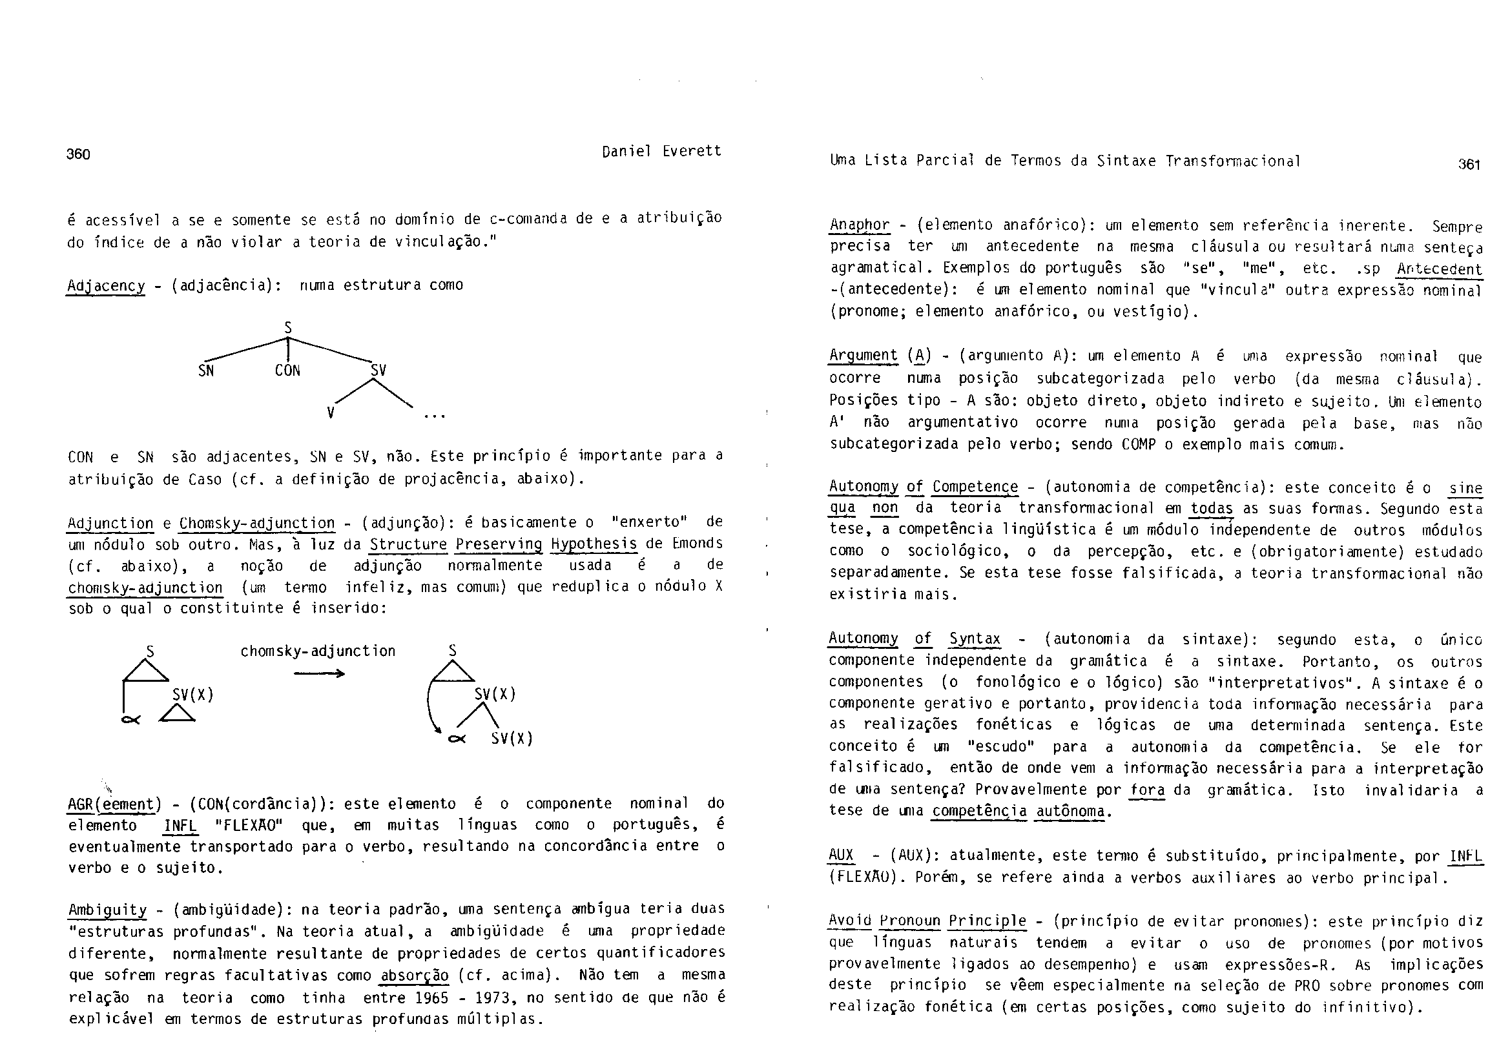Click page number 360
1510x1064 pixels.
point(78,154)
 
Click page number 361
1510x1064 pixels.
point(1469,165)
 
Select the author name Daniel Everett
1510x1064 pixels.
point(661,151)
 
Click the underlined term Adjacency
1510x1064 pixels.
point(106,286)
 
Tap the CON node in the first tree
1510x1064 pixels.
point(287,371)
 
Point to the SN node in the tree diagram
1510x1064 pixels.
point(206,371)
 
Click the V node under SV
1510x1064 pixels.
point(331,413)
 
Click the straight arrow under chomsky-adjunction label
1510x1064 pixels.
point(319,673)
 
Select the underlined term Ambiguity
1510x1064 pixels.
point(108,910)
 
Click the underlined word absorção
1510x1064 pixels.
point(415,975)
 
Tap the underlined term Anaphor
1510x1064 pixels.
point(860,225)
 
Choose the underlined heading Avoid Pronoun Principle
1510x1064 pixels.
point(927,921)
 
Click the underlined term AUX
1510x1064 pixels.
point(841,856)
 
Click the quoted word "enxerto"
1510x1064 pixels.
point(649,522)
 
